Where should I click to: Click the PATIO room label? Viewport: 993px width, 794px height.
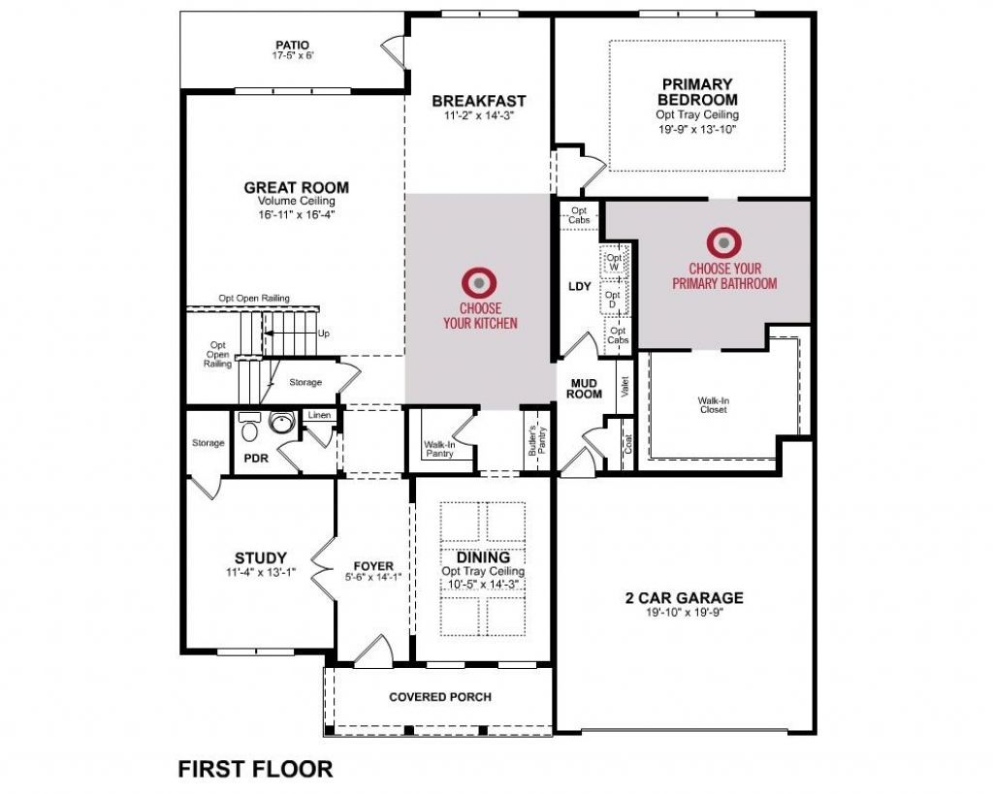[291, 44]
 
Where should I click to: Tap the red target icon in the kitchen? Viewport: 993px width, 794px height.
[480, 281]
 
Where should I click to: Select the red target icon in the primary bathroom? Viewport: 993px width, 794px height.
[723, 241]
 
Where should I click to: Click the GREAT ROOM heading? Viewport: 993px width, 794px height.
[296, 187]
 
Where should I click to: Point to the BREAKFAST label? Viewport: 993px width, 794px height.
[479, 101]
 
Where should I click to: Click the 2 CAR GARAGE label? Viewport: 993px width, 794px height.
[684, 597]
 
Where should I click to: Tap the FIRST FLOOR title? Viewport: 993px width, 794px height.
[255, 769]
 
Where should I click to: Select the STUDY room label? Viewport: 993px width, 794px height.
[261, 557]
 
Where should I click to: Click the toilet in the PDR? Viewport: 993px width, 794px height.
[249, 428]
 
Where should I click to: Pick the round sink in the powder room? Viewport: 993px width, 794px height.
[281, 424]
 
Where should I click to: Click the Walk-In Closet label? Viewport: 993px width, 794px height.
[712, 403]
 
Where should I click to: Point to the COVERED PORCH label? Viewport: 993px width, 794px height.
[440, 696]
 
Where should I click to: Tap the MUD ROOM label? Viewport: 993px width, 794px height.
[585, 388]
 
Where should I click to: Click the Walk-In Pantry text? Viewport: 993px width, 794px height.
[439, 450]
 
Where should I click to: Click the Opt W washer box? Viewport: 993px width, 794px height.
[614, 262]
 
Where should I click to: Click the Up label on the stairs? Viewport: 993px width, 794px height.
[324, 333]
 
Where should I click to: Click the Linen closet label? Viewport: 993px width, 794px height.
[318, 415]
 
